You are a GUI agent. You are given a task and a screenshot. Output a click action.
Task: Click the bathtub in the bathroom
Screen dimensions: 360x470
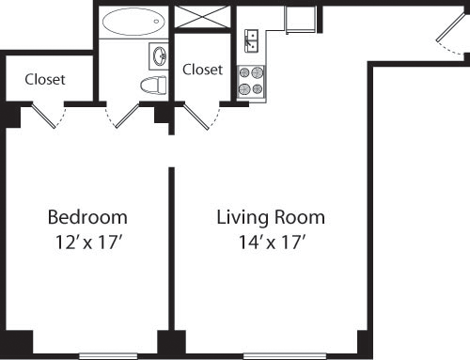tap(133, 22)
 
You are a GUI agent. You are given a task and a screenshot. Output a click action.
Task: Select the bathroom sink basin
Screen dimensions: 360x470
tap(158, 55)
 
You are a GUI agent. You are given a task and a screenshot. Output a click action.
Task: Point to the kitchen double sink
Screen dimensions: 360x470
tap(251, 40)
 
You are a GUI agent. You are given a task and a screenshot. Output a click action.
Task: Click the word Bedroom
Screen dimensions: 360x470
tap(87, 218)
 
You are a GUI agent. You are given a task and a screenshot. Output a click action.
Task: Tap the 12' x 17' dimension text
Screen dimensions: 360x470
tap(87, 242)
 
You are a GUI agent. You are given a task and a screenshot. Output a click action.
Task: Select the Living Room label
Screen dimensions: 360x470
tap(271, 218)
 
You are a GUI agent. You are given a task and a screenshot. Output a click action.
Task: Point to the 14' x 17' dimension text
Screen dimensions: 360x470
tap(271, 242)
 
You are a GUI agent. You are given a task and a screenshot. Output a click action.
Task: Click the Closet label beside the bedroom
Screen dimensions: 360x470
tap(45, 80)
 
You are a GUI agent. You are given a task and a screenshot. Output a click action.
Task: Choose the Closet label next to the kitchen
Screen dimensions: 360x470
tap(202, 70)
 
